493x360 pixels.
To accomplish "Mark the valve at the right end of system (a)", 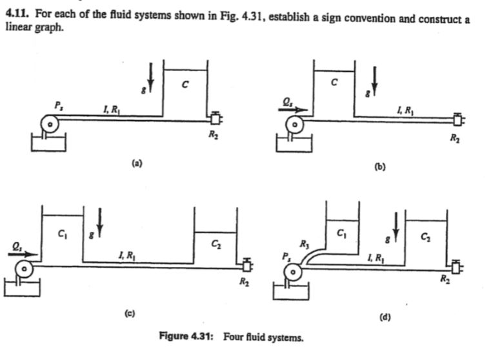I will [215, 118].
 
